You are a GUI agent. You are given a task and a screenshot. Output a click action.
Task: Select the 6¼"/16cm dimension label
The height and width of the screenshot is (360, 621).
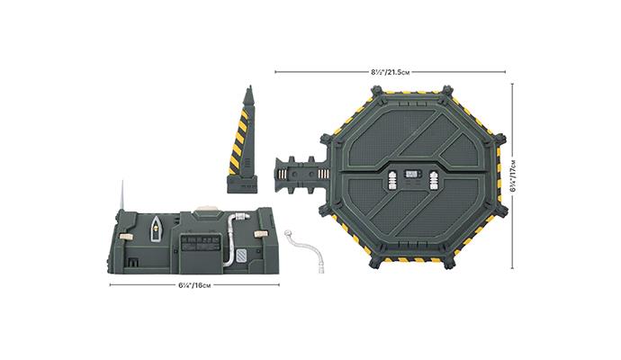click(x=194, y=285)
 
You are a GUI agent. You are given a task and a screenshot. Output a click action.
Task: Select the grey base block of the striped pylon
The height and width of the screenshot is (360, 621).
click(x=243, y=185)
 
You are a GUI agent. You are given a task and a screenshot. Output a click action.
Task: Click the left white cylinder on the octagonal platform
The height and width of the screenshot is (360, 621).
click(x=392, y=178)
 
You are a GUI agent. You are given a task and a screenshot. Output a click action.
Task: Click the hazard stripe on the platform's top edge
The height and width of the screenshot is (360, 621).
click(x=413, y=86)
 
